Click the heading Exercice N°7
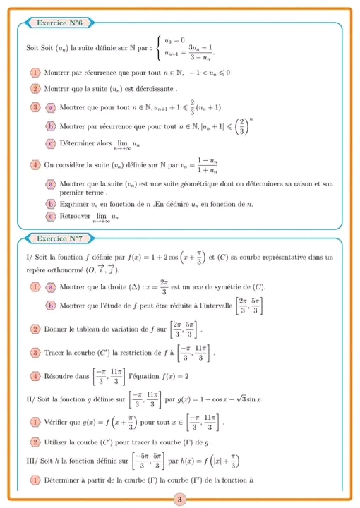click(59, 238)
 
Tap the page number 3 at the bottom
click(179, 500)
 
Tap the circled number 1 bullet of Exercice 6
click(35, 73)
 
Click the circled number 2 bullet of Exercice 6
click(35, 90)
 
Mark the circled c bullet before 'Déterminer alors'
click(51, 143)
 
